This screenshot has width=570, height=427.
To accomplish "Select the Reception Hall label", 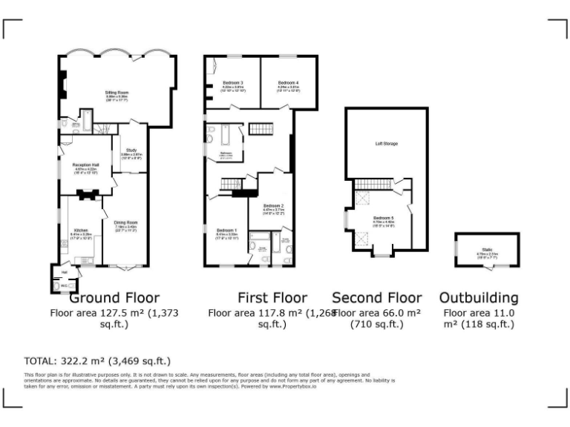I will pyautogui.click(x=85, y=167).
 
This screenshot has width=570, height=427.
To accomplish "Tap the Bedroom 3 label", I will pyautogui.click(x=233, y=82).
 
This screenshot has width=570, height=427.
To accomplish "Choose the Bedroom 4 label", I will pyautogui.click(x=289, y=82).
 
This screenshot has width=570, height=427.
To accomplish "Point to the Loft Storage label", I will pyautogui.click(x=386, y=143).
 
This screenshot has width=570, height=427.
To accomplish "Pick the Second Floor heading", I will pyautogui.click(x=376, y=298).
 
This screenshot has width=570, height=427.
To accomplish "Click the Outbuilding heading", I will pyautogui.click(x=479, y=298).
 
